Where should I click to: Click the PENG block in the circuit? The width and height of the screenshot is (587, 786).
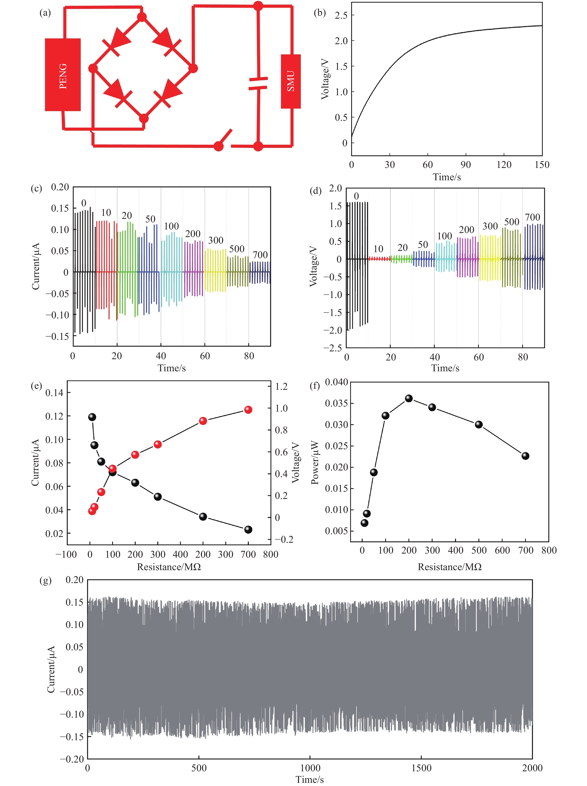coord(63,75)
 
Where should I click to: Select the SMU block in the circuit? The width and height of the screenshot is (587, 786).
coord(291,81)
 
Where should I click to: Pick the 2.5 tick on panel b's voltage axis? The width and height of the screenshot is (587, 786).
coord(341,15)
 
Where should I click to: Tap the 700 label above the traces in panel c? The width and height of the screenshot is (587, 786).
coord(260,255)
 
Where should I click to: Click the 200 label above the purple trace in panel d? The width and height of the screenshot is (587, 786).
coord(467,230)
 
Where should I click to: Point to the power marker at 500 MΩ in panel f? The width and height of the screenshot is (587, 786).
coord(479,424)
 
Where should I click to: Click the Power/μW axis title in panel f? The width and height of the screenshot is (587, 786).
coord(315,463)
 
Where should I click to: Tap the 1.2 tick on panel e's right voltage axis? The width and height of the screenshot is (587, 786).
coord(281,386)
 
